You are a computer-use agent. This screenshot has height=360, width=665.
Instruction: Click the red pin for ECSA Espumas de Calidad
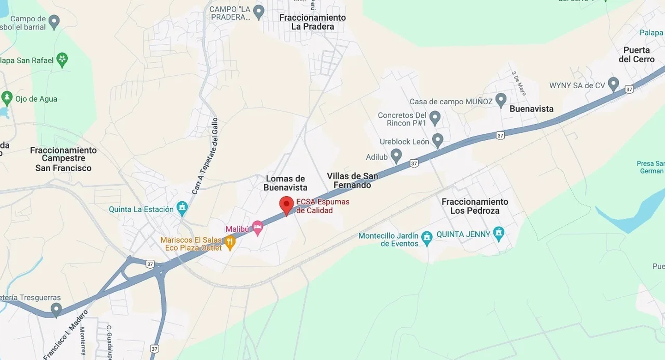pos(287,204)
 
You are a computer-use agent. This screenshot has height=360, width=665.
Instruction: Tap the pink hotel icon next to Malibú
pos(257,227)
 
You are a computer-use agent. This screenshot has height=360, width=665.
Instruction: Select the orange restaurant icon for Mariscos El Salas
pos(230,241)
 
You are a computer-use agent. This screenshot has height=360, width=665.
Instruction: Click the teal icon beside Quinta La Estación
pos(182,208)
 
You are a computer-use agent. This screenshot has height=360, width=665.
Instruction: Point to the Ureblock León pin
pos(438,140)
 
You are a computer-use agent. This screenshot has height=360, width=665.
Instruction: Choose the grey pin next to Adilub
pos(396,156)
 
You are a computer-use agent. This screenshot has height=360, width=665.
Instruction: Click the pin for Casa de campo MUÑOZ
pos(501,100)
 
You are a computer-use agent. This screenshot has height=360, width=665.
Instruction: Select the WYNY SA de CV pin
pos(613,84)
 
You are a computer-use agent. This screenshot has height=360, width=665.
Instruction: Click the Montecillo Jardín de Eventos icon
pos(427,237)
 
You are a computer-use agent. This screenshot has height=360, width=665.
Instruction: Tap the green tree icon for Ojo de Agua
pos(7,97)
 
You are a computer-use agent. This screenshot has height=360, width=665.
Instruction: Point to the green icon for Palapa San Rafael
pos(62,59)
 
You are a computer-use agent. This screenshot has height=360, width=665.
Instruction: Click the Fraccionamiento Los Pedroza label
pos(475,206)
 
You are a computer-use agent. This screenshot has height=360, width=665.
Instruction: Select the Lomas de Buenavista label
pos(285,183)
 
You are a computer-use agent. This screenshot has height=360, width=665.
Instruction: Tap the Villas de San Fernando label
pos(352,180)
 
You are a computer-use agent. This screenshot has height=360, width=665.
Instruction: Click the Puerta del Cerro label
pos(637,54)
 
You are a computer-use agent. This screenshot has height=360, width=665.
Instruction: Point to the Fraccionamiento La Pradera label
pos(313,22)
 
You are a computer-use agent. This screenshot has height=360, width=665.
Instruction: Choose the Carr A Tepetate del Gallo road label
pos(205,156)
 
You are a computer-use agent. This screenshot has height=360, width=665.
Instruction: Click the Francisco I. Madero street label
pos(65,335)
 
